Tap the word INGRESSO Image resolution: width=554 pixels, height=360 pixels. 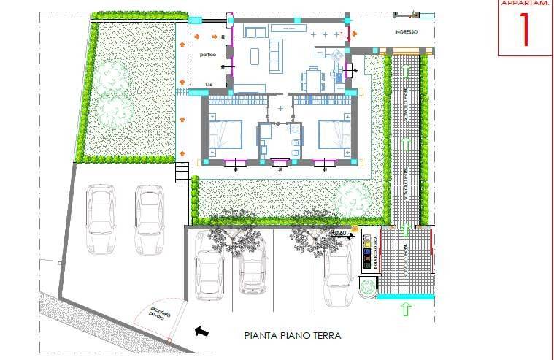pos(407,32)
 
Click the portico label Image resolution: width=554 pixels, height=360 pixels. pos(201,55)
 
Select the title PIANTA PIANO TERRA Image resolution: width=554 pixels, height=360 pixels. pos(293,337)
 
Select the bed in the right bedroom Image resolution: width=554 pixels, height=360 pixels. pos(334,134)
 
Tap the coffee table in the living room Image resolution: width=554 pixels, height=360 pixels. pos(255,55)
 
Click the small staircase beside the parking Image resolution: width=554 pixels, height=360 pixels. pos(182,174)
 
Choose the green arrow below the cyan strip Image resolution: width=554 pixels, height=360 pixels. pos(406,309)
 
